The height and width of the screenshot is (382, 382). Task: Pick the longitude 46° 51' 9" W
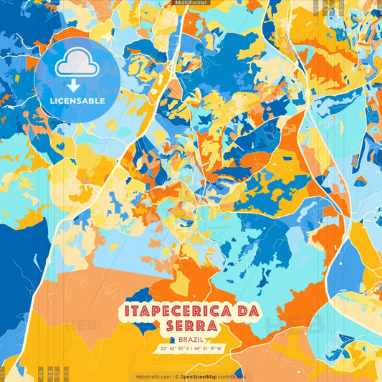(207, 349)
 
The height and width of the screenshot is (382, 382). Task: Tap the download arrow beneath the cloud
(76, 85)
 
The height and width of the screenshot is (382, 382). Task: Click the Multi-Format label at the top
(191, 3)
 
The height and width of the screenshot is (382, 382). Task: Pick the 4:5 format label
(40, 373)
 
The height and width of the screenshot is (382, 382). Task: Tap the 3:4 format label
(49, 373)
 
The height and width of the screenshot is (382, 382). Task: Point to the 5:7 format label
(57, 373)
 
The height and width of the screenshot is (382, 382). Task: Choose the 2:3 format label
(67, 373)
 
